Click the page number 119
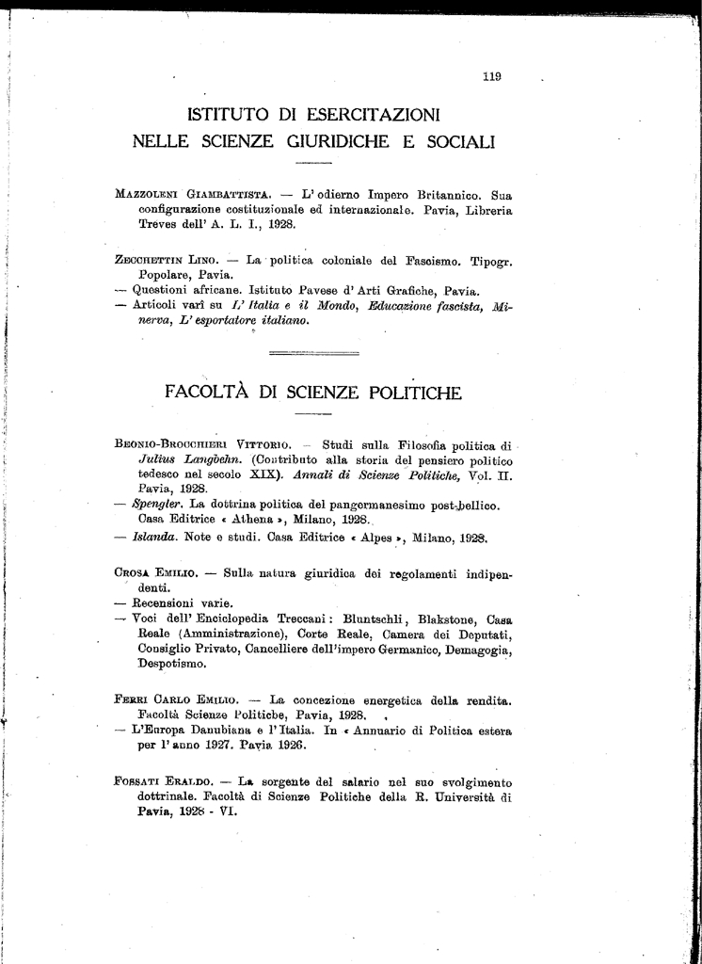click(491, 78)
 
